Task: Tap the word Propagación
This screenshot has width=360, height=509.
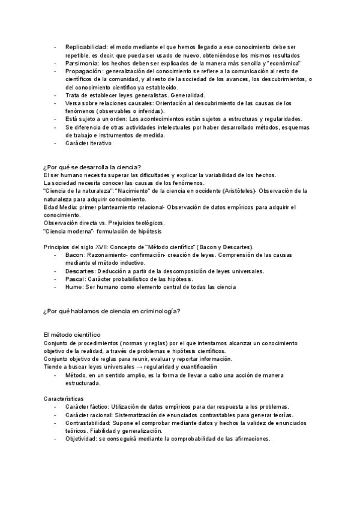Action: (x=83, y=71)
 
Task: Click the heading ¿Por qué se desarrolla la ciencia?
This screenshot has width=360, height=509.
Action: (x=92, y=167)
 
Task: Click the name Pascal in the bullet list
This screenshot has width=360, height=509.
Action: (x=75, y=279)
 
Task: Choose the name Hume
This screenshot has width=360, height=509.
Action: (x=74, y=287)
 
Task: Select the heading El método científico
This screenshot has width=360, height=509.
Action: (x=72, y=334)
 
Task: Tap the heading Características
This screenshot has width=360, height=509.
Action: (x=64, y=399)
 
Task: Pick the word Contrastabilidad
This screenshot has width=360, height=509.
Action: (x=89, y=423)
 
